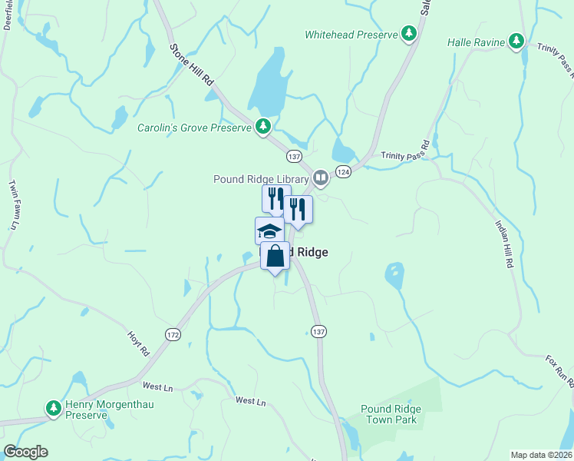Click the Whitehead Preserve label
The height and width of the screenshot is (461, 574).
pos(351,35)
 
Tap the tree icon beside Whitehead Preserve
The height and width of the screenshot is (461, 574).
pos(410,34)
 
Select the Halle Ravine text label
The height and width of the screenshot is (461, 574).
pos(476,42)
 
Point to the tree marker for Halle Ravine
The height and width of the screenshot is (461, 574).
pos(517,41)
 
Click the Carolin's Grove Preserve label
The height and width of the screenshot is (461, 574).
pos(194,128)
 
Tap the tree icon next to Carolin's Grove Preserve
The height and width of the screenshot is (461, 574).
pos(263,126)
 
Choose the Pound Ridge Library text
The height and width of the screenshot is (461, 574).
pos(261,180)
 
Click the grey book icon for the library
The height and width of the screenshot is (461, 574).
pos(321,178)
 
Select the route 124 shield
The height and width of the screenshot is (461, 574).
pos(343,172)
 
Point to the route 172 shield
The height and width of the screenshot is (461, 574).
pos(172,334)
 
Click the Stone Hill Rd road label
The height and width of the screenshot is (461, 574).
pos(191,70)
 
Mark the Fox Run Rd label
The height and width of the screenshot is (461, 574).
pos(559,368)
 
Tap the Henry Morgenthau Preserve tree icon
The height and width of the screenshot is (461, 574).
pos(53,408)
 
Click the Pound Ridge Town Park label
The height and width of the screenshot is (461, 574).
pos(389,414)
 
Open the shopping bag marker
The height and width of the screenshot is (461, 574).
pos(275,256)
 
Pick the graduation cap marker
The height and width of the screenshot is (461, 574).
pos(269,230)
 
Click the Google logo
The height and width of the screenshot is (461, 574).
pos(25,452)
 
